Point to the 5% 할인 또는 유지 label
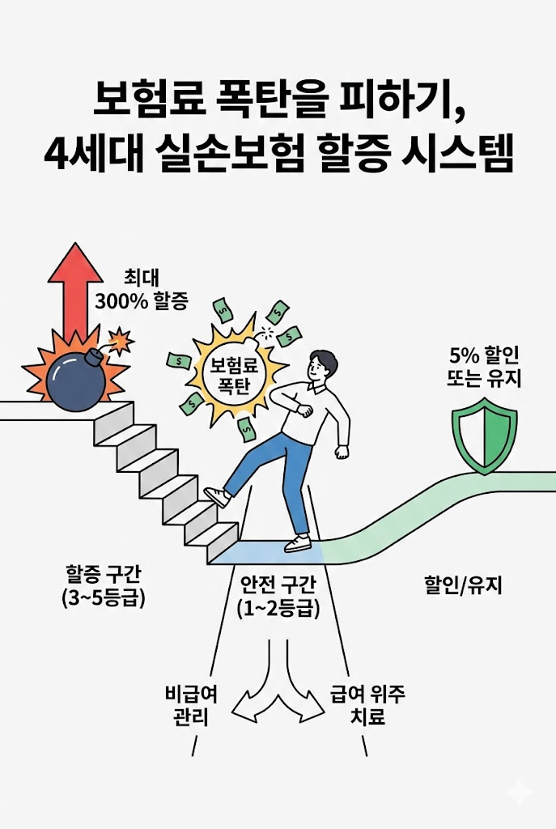485,367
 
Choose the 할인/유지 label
464,584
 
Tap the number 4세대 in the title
89,154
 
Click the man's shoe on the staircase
217,496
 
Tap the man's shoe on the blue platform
297,542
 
